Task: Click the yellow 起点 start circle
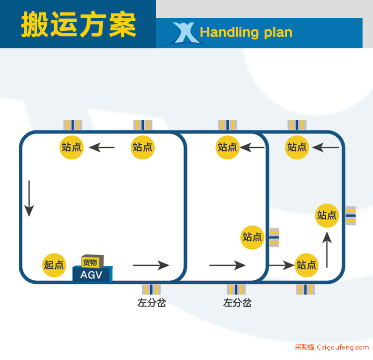click(54, 265)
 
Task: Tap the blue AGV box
click(93, 274)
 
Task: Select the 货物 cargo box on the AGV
click(93, 261)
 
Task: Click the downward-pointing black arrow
click(29, 198)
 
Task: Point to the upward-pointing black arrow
click(327, 249)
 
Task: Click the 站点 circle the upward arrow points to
click(327, 216)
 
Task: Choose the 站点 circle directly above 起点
click(71, 147)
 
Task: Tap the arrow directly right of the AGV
click(151, 265)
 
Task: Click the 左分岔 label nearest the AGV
click(152, 303)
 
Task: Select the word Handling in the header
click(229, 32)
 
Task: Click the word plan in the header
click(278, 33)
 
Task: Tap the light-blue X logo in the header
click(186, 33)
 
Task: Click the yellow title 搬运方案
click(79, 24)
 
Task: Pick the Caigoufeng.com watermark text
click(343, 347)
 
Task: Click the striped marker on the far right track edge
click(351, 216)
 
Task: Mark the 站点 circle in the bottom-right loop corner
click(306, 265)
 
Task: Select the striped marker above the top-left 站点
click(73, 125)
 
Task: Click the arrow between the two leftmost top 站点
click(102, 147)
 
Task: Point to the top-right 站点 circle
click(297, 147)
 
